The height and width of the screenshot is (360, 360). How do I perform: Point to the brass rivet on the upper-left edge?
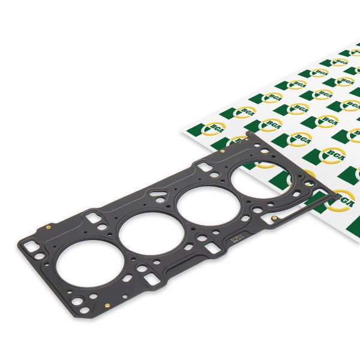click(47, 227)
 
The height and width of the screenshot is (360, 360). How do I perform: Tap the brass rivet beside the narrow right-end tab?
click(274, 218)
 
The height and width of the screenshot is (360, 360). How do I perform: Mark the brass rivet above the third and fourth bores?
click(223, 151)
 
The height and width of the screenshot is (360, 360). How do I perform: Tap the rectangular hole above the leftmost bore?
click(93, 215)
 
